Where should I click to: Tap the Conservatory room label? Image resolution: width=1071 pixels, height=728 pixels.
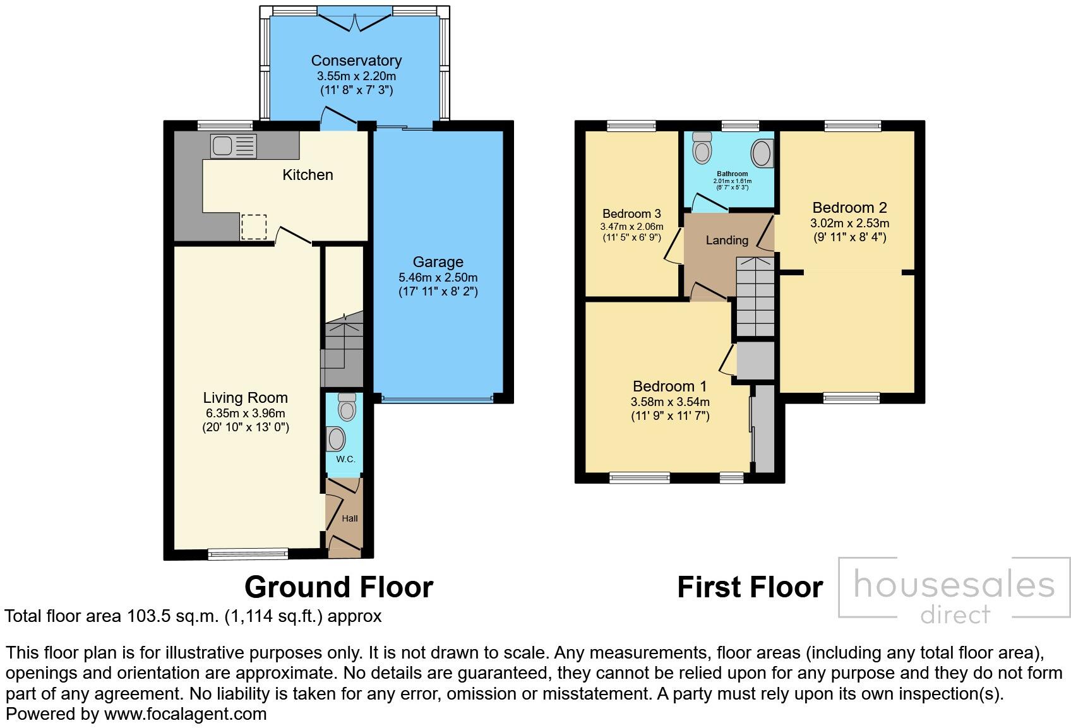coord(356,61)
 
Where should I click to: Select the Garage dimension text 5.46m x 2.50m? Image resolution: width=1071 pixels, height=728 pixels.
coord(438,277)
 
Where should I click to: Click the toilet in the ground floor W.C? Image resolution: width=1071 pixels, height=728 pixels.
coord(347,407)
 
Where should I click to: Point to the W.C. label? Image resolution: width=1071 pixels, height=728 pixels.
coord(345,459)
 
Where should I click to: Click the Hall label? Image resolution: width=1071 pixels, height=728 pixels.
coord(349,518)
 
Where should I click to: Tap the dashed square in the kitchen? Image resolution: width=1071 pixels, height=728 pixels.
coord(254,227)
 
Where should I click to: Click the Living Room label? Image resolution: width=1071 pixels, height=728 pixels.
coord(245,398)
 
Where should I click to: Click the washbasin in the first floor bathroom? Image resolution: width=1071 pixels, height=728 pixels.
coord(761,153)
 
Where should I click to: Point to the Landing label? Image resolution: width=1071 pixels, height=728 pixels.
coord(727,240)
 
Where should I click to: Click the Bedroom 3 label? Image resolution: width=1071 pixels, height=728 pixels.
coord(631,213)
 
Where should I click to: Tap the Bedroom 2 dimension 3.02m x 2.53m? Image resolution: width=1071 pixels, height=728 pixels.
coord(849,223)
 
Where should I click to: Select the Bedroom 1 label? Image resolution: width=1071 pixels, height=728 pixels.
coord(669,386)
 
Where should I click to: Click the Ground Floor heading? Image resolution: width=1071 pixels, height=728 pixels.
coord(338,587)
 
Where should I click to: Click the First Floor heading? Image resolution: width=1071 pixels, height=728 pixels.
coord(750,587)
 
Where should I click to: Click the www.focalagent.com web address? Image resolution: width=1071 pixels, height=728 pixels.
coord(185,714)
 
